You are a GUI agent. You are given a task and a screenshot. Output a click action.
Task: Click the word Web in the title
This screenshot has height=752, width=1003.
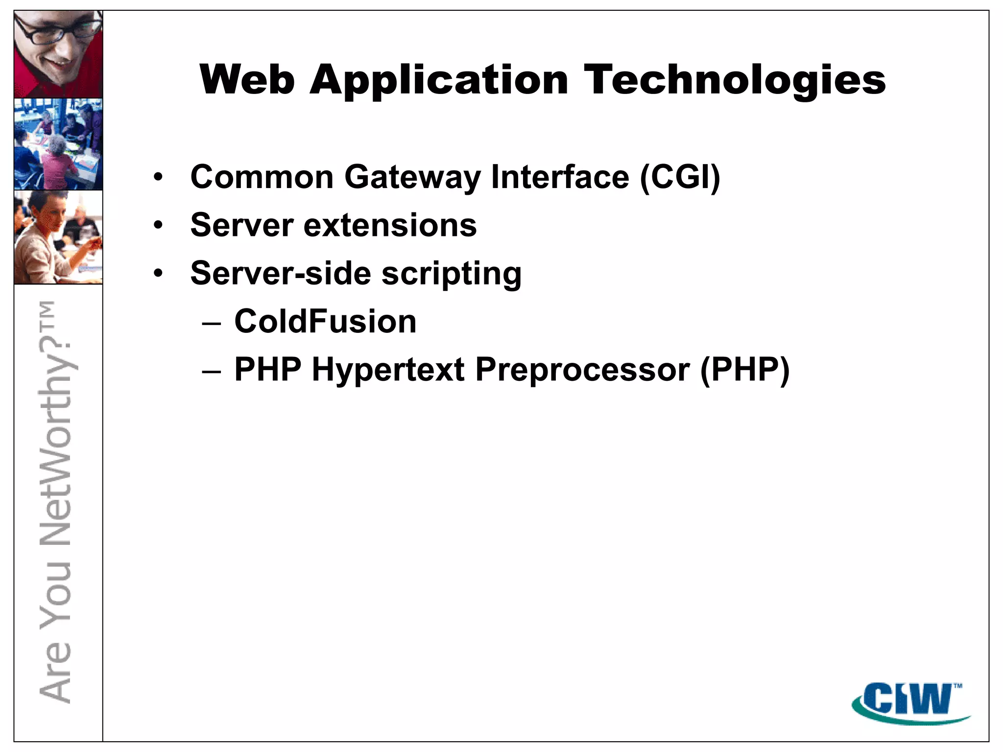coord(247,79)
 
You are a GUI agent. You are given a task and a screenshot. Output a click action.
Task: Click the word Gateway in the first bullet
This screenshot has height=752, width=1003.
coord(412,177)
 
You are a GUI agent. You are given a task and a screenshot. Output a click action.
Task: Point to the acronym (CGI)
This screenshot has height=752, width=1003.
coord(680,177)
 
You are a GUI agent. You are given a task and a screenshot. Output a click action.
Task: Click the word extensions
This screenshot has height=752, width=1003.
coord(390,225)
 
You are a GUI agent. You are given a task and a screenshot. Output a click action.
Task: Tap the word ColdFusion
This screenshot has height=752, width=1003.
coord(325,322)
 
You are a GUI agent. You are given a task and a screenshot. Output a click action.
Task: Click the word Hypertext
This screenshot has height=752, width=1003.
coord(388,370)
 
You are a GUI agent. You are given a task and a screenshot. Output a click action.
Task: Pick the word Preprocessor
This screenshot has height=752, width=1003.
coord(582,370)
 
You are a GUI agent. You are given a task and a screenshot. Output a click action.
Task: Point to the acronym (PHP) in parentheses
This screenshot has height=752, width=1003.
coord(745,370)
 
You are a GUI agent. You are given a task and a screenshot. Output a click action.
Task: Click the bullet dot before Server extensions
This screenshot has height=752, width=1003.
coord(158,226)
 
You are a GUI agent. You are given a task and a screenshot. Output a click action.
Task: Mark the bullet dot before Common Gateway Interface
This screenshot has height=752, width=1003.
coord(158,177)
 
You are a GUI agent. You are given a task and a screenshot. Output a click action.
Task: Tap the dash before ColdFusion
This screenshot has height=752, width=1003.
coord(212,323)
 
